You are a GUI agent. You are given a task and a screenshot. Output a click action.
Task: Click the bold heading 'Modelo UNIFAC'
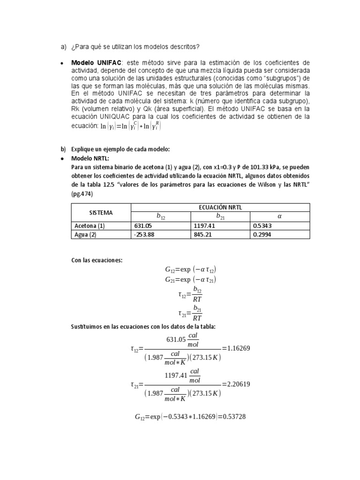coord(96,63)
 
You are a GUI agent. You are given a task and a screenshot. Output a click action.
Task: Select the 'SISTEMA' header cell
coord(100,212)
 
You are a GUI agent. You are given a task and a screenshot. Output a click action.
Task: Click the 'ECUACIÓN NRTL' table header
coord(220,208)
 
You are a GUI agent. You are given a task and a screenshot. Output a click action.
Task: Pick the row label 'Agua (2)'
coord(85,235)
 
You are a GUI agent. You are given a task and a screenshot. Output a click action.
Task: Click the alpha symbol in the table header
coord(280,217)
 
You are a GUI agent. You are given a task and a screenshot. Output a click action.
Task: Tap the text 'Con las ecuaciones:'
coord(97,260)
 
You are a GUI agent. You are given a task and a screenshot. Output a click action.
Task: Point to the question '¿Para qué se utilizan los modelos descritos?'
coord(135,46)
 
